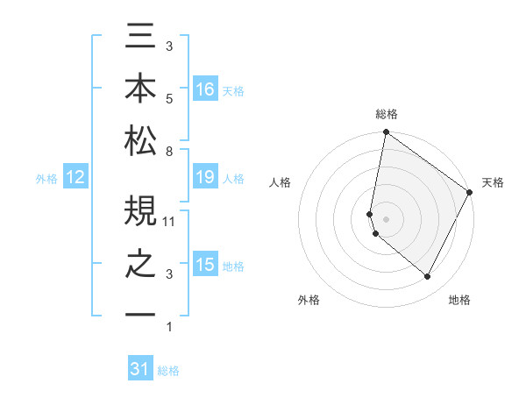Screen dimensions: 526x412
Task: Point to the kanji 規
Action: pyautogui.click(x=140, y=210)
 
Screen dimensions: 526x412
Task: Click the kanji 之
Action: pyautogui.click(x=140, y=264)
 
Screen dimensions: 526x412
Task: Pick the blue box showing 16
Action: pyautogui.click(x=205, y=89)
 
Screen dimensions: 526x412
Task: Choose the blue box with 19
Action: pyautogui.click(x=205, y=178)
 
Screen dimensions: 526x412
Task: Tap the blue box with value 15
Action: pyautogui.click(x=205, y=266)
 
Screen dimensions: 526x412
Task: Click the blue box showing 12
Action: pyautogui.click(x=75, y=178)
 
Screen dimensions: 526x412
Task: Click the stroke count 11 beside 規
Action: pyautogui.click(x=170, y=221)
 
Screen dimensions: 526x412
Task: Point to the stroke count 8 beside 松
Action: pyautogui.click(x=168, y=152)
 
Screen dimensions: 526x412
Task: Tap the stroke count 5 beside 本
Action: pyautogui.click(x=168, y=98)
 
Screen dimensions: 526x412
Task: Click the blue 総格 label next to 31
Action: pyautogui.click(x=168, y=371)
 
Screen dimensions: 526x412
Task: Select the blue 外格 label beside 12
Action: pyautogui.click(x=46, y=179)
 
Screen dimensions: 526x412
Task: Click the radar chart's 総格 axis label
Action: pyautogui.click(x=386, y=115)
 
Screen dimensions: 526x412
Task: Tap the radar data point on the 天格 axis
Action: pyautogui.click(x=470, y=193)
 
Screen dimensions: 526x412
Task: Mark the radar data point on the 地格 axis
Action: pyautogui.click(x=427, y=277)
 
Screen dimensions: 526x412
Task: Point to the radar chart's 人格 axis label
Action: pyautogui.click(x=281, y=182)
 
